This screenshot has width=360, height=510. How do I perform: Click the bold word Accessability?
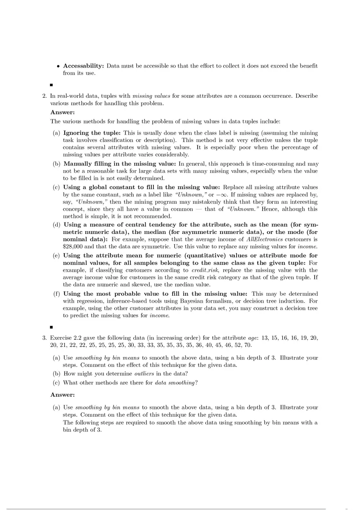coord(83,66)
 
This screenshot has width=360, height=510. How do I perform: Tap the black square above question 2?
coord(52,85)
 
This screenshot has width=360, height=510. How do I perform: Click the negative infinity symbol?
coord(226,195)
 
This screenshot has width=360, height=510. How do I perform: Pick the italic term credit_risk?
coord(205,270)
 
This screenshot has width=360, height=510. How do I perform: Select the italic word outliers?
coord(144,373)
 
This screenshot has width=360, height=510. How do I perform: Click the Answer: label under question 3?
coord(63,395)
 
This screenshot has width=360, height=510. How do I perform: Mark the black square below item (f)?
coord(52,327)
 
